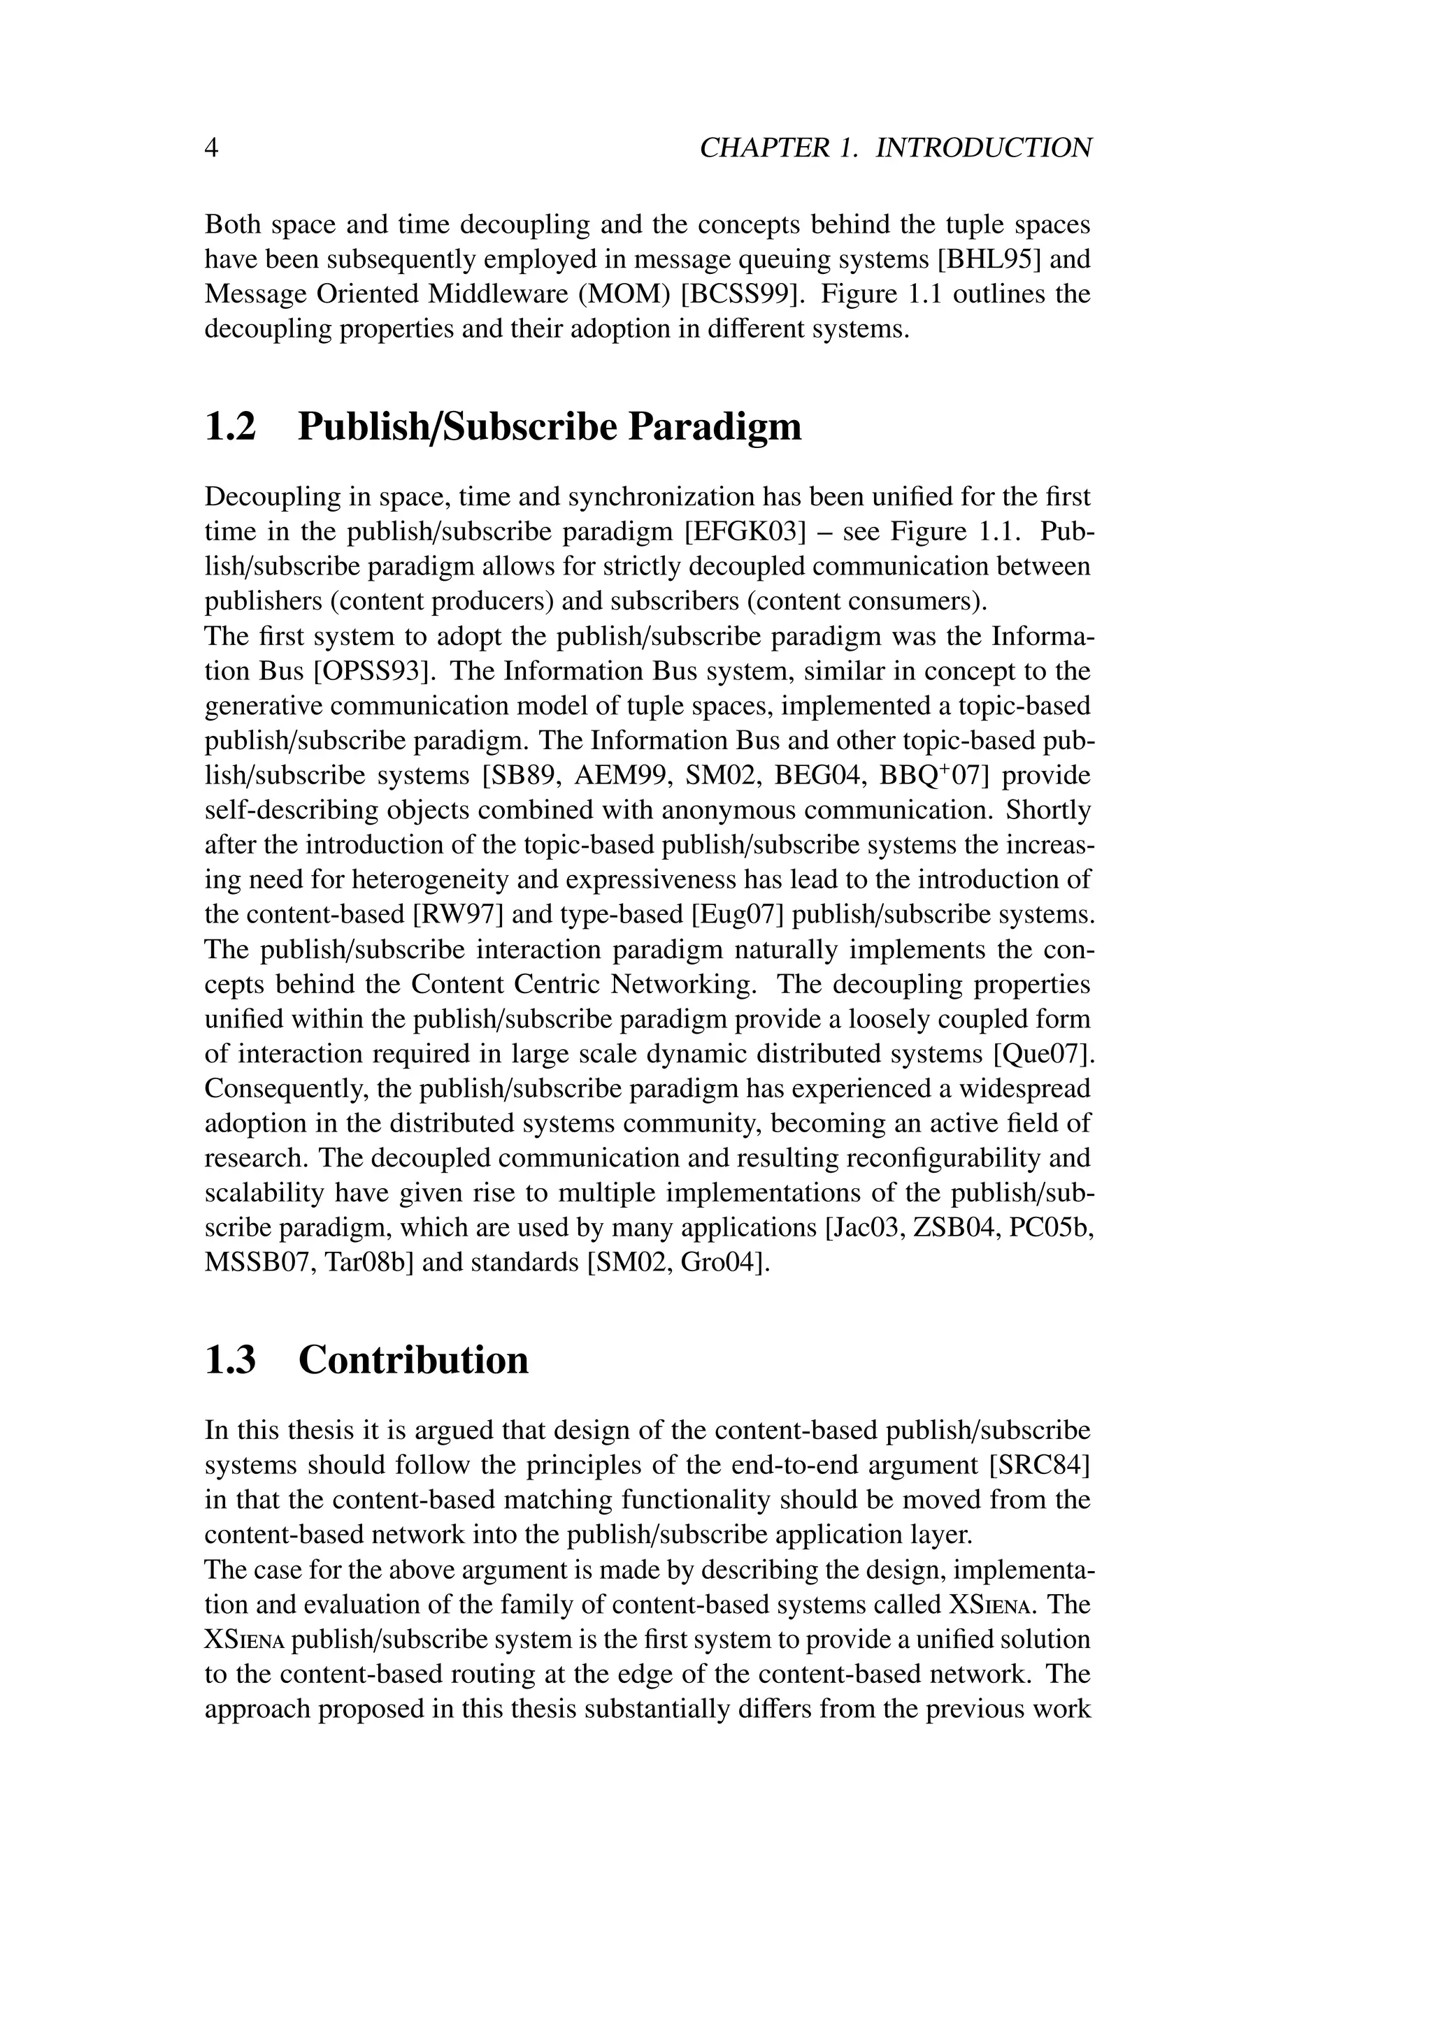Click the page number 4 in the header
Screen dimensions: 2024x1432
[x=212, y=147]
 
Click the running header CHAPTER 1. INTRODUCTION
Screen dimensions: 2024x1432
[x=895, y=147]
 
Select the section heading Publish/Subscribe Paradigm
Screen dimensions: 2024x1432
[x=550, y=426]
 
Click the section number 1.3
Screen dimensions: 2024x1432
[x=230, y=1359]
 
